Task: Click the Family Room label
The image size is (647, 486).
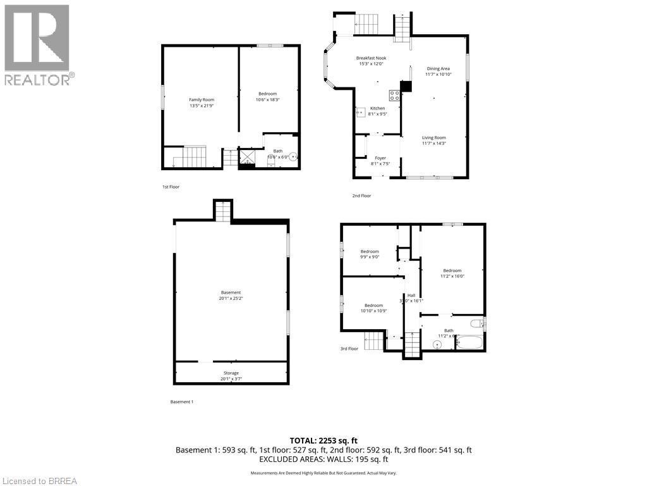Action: [202, 103]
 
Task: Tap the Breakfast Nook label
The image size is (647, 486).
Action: [371, 61]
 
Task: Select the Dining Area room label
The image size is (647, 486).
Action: [438, 72]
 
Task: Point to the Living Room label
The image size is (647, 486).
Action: [434, 140]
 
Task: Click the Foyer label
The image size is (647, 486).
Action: [380, 161]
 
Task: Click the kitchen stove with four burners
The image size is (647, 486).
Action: [394, 96]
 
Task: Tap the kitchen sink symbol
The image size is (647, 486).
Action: [361, 112]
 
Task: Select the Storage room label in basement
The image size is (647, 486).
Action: [231, 376]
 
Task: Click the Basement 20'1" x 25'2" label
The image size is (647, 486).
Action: [231, 295]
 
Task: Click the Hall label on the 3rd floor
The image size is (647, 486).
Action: [411, 298]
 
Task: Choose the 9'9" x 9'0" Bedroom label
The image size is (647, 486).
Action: [370, 254]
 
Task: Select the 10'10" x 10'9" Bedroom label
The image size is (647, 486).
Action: [373, 308]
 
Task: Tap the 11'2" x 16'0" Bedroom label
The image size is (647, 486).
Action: [452, 273]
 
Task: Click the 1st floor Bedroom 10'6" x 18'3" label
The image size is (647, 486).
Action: [267, 97]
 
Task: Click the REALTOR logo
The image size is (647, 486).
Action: [37, 45]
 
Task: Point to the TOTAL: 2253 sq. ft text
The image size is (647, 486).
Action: [323, 440]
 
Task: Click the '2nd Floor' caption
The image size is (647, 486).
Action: [361, 196]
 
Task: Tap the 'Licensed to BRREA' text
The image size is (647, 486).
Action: [39, 481]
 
